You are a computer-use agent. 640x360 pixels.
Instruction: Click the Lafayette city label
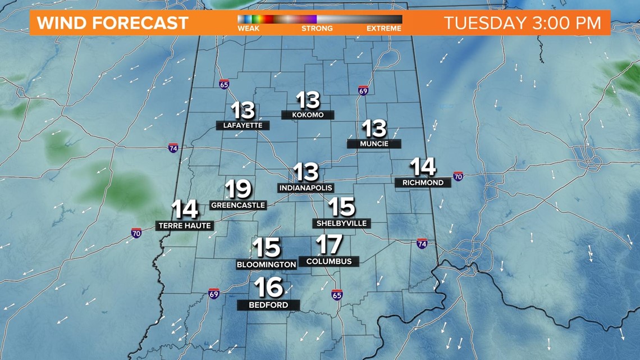[243, 125]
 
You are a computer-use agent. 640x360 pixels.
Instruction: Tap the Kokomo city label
[308, 115]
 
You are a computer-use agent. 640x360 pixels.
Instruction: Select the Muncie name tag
[374, 144]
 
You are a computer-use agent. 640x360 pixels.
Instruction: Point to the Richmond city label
[423, 183]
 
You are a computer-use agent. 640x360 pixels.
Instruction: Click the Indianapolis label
[305, 188]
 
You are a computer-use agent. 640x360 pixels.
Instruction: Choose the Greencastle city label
[237, 205]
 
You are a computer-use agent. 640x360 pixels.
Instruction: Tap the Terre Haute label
[184, 226]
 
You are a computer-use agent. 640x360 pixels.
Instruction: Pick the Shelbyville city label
[341, 223]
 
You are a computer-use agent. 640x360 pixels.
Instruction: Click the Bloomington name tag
[266, 264]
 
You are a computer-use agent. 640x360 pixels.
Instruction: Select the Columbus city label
[329, 261]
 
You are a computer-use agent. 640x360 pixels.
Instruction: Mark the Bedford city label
[268, 305]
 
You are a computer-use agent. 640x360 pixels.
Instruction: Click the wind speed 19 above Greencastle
[238, 190]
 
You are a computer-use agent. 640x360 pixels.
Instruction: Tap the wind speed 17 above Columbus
[330, 244]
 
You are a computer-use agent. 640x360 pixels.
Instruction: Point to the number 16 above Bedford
[268, 288]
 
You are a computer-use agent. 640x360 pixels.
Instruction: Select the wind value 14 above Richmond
[423, 167]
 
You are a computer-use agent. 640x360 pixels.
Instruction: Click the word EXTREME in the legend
[384, 28]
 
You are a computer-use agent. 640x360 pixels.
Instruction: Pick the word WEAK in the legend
[248, 28]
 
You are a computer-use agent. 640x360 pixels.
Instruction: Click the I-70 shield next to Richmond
[458, 176]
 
